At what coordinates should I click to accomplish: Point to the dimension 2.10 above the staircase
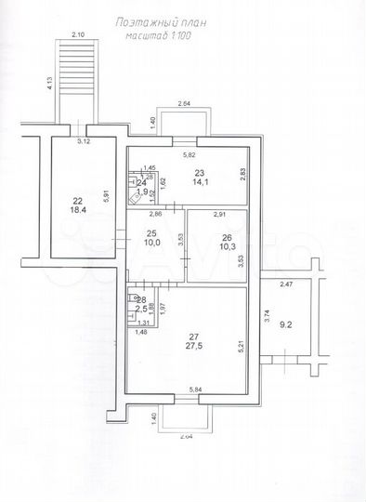77,35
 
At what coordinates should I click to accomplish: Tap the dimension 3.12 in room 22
83,142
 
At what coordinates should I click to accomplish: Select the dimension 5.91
108,196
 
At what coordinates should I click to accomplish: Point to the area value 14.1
199,183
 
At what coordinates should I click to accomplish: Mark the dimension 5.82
189,154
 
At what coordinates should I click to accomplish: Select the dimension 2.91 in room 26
219,215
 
